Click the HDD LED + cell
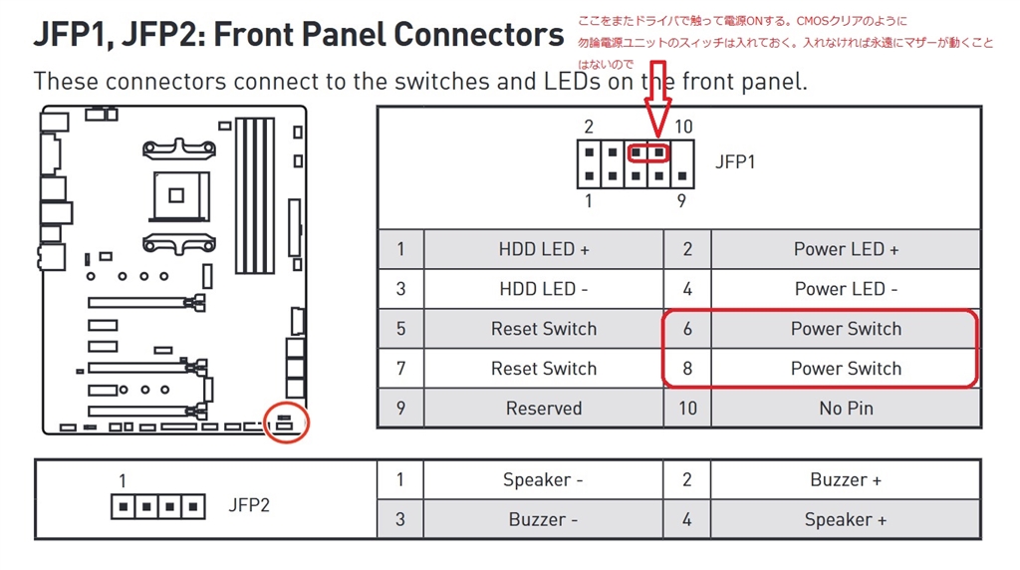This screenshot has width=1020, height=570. click(x=543, y=249)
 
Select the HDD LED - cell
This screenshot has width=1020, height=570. click(x=543, y=289)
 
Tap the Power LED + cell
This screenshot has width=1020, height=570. click(x=846, y=249)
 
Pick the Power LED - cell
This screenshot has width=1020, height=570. click(x=846, y=289)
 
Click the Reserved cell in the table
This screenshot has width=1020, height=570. click(x=543, y=409)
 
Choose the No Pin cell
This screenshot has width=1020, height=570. click(x=846, y=409)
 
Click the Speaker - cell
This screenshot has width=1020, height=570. click(x=543, y=480)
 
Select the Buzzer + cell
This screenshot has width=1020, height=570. click(x=846, y=480)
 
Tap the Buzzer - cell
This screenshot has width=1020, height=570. click(x=543, y=520)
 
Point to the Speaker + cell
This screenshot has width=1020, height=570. click(x=846, y=520)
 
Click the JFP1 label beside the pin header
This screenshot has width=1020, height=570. click(x=735, y=161)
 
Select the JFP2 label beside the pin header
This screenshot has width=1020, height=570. click(x=249, y=504)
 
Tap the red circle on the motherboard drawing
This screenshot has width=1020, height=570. click(x=288, y=423)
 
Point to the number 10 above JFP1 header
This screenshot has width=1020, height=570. click(x=683, y=127)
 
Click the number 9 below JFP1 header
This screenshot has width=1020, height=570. click(x=681, y=200)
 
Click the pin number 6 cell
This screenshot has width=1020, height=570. click(x=687, y=329)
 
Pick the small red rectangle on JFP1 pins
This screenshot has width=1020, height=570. click(x=648, y=152)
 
